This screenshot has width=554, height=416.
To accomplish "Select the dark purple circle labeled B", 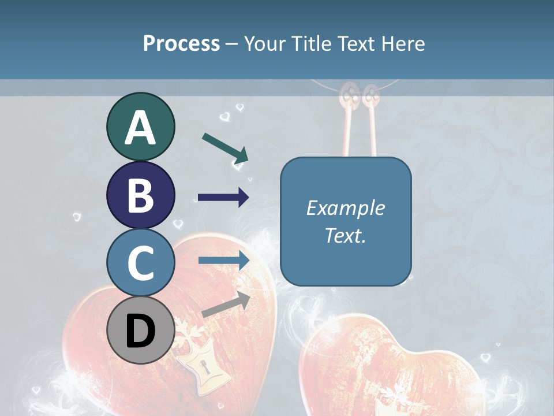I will point(140,195).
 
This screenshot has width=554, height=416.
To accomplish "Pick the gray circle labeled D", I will point(140,330).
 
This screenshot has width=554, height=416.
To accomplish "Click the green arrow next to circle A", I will point(225,147).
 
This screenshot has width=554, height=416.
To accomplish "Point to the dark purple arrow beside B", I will point(223,198).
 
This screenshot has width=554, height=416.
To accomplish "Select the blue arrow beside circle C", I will point(224,261).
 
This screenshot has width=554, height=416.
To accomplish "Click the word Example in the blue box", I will point(345,208).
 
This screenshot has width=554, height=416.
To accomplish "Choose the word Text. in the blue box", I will point(345,235).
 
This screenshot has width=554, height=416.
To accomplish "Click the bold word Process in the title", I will point(181,43).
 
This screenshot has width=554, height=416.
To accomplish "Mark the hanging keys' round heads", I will point(358,94).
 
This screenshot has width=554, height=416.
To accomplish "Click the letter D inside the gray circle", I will point(140,332).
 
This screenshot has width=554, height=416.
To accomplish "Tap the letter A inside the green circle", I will point(140,128).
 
